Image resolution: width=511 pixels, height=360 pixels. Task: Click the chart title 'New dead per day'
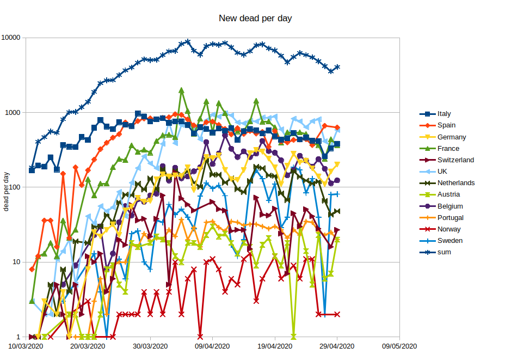click(x=255, y=19)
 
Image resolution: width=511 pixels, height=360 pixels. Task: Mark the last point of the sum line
click(x=337, y=67)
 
